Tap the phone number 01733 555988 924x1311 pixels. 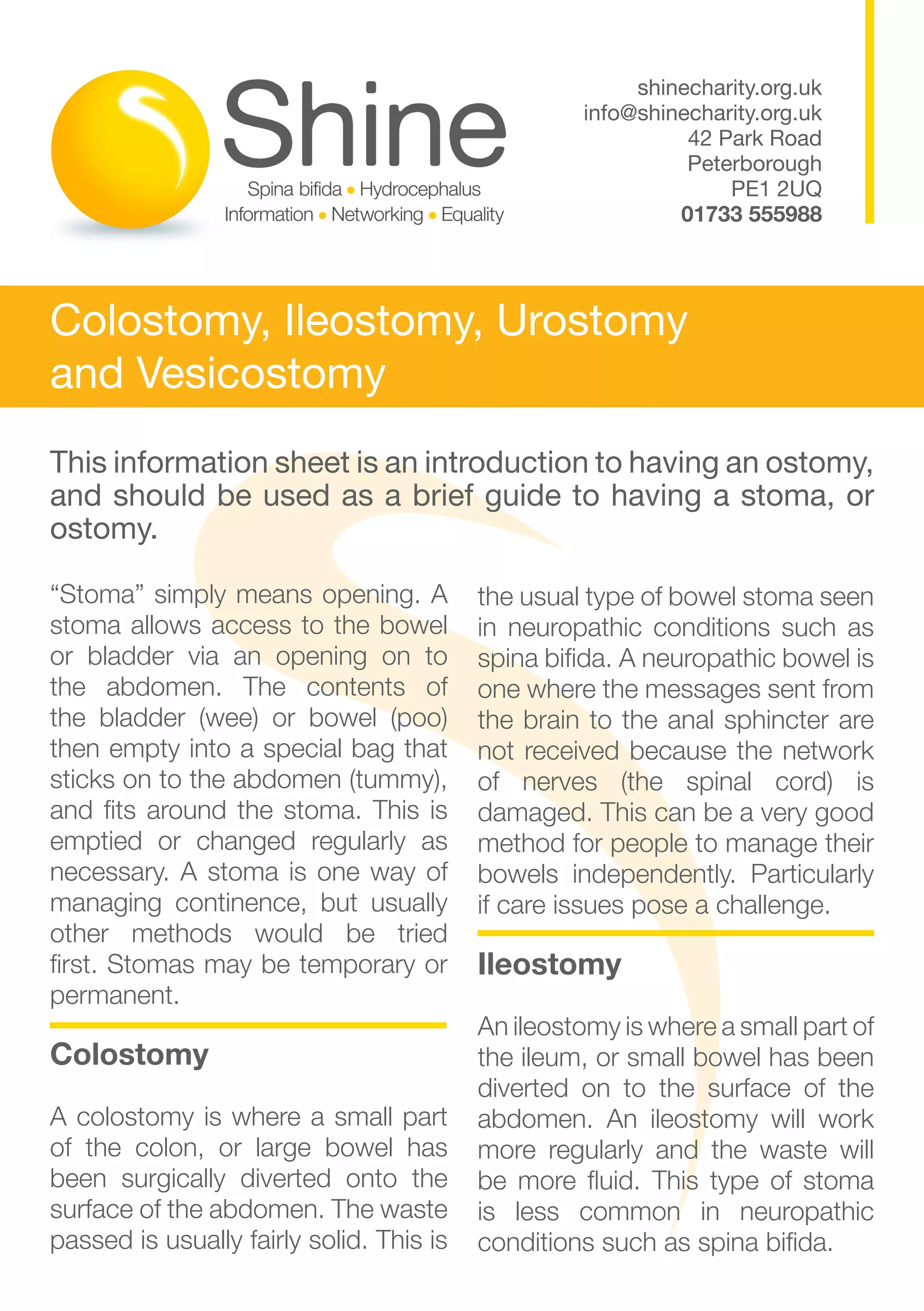tap(751, 214)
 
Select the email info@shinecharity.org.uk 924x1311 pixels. tap(702, 113)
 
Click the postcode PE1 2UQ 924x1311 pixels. tap(776, 189)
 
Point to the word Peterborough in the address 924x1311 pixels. tap(754, 163)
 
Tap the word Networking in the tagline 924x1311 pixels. tap(377, 215)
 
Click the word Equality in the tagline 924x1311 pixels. tap(472, 215)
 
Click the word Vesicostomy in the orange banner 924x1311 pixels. tap(261, 374)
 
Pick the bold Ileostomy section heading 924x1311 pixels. tap(550, 965)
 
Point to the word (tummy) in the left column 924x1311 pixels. tap(397, 780)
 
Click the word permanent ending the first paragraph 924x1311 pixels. tap(114, 996)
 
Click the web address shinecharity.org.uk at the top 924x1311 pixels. tap(729, 88)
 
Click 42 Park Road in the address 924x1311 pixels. tap(754, 138)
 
